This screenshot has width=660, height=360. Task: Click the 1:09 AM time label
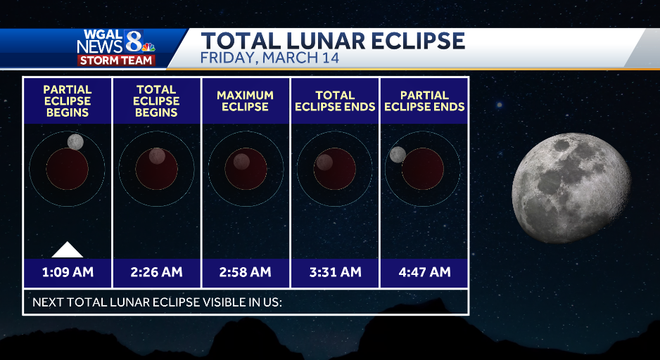[x=67, y=271]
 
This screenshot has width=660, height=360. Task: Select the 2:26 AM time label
[x=156, y=271]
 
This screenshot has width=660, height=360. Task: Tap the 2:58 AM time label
[x=245, y=271]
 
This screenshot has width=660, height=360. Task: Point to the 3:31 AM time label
[x=334, y=271]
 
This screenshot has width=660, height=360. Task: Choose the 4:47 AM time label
[x=423, y=271]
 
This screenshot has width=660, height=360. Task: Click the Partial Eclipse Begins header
[x=67, y=101]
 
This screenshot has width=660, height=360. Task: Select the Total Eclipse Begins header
[x=156, y=101]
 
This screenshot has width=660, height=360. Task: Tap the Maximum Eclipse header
[x=245, y=101]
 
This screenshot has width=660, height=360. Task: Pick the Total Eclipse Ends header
[x=334, y=101]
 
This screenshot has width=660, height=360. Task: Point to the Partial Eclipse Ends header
[x=423, y=101]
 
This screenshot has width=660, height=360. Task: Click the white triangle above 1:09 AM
[x=67, y=250]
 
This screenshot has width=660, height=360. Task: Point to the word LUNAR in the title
[x=331, y=40]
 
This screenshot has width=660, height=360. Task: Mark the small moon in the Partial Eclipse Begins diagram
[x=75, y=143]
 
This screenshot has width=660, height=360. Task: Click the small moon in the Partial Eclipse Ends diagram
[x=398, y=154]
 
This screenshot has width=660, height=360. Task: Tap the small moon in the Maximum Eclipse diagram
[x=241, y=162]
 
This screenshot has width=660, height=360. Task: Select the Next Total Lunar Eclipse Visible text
[x=158, y=301]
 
